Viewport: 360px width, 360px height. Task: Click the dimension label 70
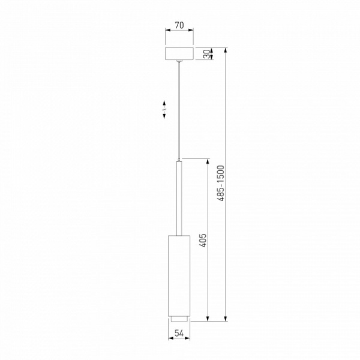pyautogui.click(x=179, y=27)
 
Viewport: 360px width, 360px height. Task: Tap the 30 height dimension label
pyautogui.click(x=206, y=54)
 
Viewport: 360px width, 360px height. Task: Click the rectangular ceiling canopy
pyautogui.click(x=179, y=54)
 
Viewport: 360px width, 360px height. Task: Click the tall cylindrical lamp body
pyautogui.click(x=178, y=273)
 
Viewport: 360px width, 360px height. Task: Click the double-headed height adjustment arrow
pyautogui.click(x=164, y=110)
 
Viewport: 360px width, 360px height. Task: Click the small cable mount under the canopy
pyautogui.click(x=179, y=62)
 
